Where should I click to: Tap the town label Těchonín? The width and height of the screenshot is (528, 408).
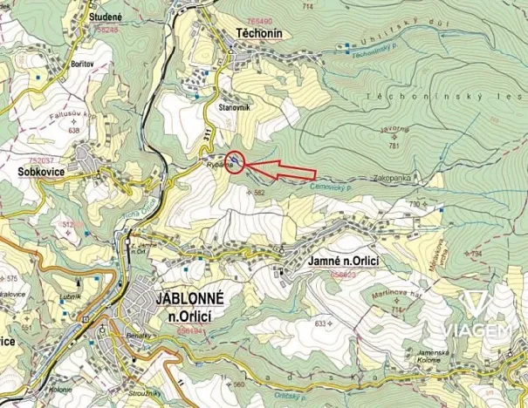(258, 31)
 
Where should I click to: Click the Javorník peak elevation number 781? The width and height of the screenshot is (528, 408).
(394, 146)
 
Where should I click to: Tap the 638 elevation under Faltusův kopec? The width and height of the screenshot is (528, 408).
(72, 131)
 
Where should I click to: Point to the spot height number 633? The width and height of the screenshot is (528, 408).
(320, 323)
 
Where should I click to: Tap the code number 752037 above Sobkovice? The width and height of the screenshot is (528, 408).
(42, 161)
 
